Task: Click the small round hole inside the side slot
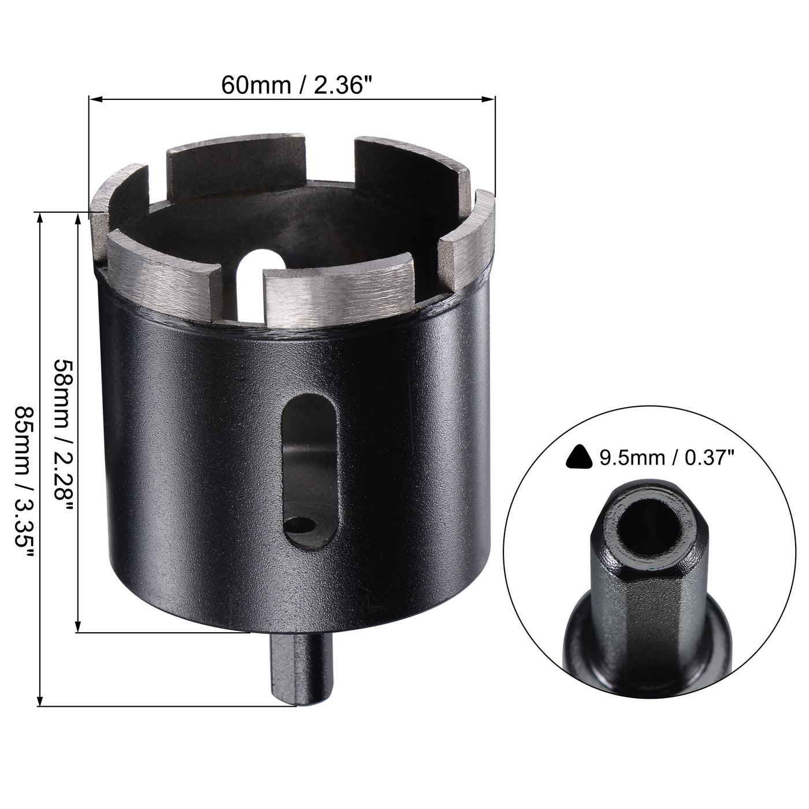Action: [302, 524]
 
